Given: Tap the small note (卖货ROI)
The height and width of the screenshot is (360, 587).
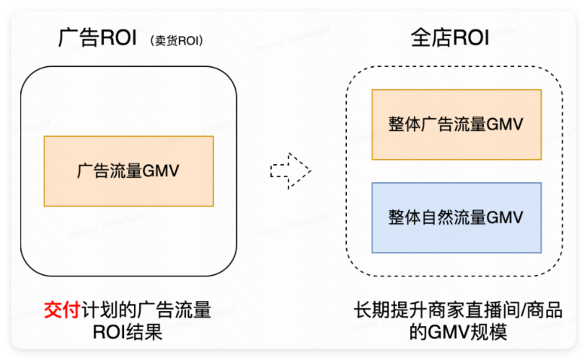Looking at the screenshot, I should click(178, 40).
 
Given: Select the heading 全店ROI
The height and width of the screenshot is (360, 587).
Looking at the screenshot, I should click(449, 38).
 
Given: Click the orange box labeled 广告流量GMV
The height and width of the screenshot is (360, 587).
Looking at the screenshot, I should click(129, 171).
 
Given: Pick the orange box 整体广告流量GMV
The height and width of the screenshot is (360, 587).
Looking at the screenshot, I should click(456, 124).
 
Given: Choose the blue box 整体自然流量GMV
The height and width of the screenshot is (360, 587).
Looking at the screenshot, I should click(456, 218).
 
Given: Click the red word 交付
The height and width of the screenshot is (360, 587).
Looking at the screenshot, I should click(61, 310).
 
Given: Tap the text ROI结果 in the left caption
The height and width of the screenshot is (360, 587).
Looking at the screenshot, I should click(127, 332).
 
